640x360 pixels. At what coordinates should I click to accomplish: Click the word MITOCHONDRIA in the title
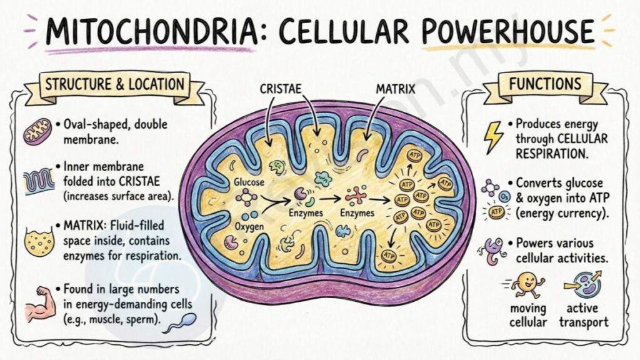[x=151, y=31]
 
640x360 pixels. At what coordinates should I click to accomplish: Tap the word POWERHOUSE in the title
[x=507, y=32]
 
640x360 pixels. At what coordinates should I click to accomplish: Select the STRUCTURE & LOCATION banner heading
[x=115, y=84]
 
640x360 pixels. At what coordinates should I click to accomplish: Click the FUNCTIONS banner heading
[x=545, y=84]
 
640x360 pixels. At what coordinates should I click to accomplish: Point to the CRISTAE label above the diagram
[x=281, y=89]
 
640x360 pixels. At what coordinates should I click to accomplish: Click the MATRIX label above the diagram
[x=395, y=89]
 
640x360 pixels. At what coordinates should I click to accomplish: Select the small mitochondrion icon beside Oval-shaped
[x=37, y=131]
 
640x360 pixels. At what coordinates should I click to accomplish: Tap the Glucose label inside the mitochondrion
[x=249, y=182]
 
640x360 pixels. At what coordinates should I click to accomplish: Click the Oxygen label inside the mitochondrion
[x=249, y=226]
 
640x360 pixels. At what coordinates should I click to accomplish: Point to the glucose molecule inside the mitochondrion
[x=246, y=197]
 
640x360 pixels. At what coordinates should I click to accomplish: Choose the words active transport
[x=583, y=315]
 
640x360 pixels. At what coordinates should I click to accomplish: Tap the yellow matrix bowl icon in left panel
[x=39, y=242]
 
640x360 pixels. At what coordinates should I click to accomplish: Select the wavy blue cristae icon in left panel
[x=39, y=182]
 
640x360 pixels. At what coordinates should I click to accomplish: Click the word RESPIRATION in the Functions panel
[x=551, y=154]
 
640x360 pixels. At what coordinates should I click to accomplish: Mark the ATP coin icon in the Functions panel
[x=497, y=212]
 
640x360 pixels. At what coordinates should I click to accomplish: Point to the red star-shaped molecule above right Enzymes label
[x=356, y=196]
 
